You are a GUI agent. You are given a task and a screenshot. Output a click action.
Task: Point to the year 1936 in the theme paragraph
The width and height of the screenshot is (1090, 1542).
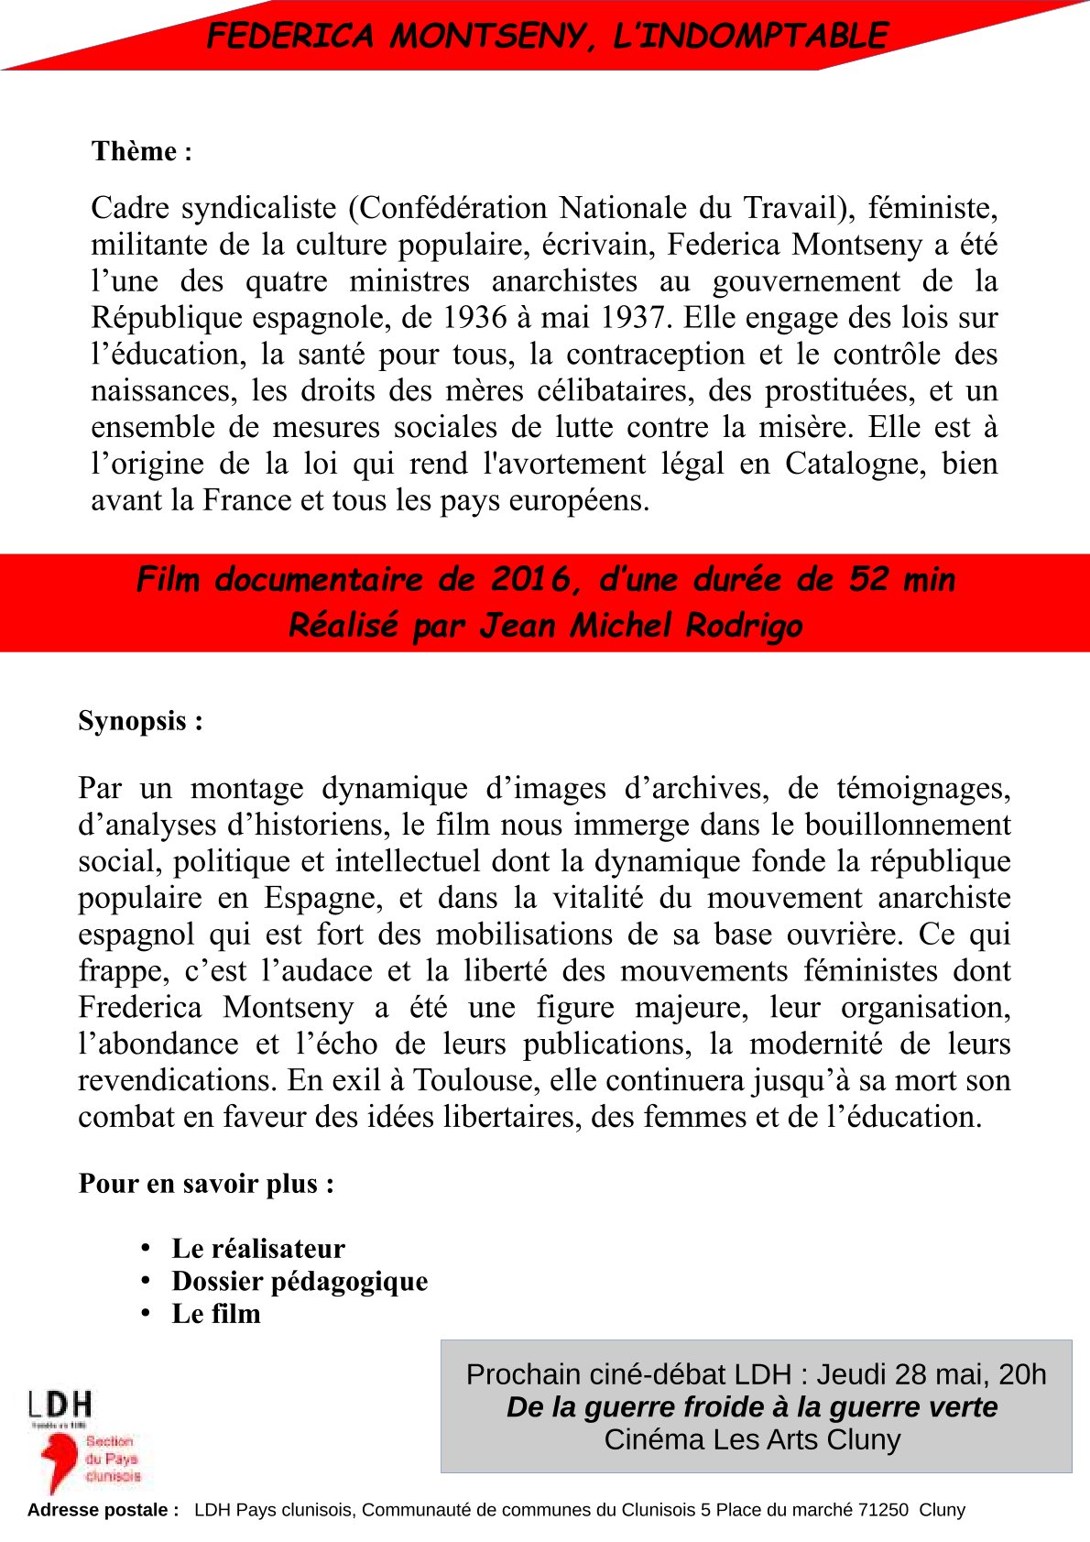pyautogui.click(x=474, y=318)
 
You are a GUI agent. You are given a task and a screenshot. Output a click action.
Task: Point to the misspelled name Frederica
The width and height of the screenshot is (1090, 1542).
pyautogui.click(x=139, y=1007)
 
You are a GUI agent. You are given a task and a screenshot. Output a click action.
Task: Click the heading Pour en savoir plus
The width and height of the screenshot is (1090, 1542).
pyautogui.click(x=206, y=1184)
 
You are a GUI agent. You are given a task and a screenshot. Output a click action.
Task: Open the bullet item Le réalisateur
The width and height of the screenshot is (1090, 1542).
pyautogui.click(x=258, y=1249)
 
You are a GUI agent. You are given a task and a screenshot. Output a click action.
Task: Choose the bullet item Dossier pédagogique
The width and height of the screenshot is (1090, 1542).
pyautogui.click(x=300, y=1281)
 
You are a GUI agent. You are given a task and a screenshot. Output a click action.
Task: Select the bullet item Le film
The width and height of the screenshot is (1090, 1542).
pyautogui.click(x=216, y=1314)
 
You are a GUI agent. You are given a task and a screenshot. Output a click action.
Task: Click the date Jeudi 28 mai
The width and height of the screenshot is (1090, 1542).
pyautogui.click(x=898, y=1374)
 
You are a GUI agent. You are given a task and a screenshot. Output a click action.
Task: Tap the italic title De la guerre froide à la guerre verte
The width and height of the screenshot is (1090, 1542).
pyautogui.click(x=752, y=1407)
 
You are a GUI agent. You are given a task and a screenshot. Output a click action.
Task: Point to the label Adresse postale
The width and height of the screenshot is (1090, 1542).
pyautogui.click(x=103, y=1510)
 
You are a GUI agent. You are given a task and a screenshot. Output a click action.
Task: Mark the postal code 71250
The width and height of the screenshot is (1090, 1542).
pyautogui.click(x=883, y=1510)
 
